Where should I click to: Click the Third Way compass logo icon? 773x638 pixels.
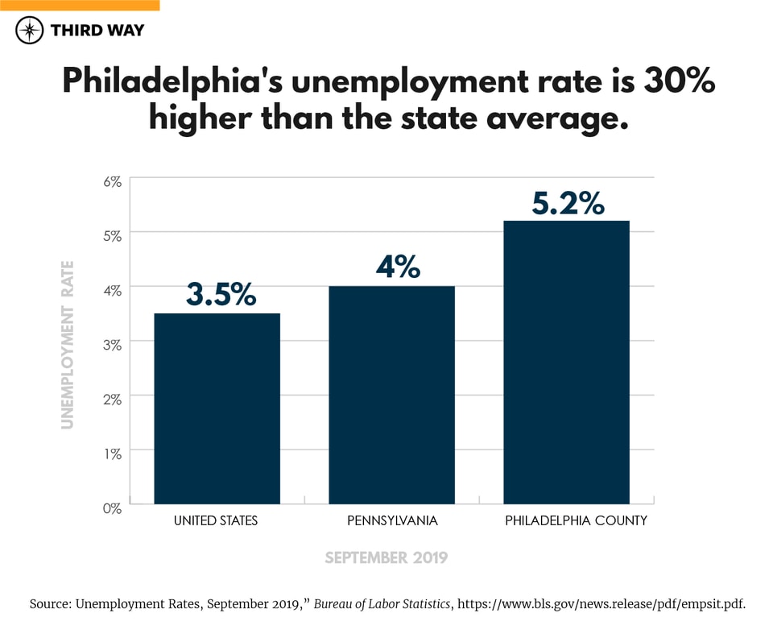pyautogui.click(x=30, y=31)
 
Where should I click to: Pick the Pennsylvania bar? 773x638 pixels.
pyautogui.click(x=391, y=395)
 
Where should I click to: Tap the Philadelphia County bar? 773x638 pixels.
pyautogui.click(x=566, y=362)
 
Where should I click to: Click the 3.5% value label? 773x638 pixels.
pyautogui.click(x=221, y=295)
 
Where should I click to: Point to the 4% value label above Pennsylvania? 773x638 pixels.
pyautogui.click(x=398, y=267)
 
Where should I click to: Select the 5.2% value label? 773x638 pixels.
pyautogui.click(x=568, y=204)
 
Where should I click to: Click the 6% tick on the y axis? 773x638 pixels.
pyautogui.click(x=111, y=183)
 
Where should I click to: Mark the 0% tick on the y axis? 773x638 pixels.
pyautogui.click(x=111, y=508)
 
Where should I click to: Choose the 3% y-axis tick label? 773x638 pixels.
pyautogui.click(x=111, y=346)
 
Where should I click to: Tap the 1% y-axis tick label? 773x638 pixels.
pyautogui.click(x=111, y=454)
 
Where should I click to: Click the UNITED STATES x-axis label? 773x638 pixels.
pyautogui.click(x=216, y=521)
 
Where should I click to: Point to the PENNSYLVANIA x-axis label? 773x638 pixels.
pyautogui.click(x=392, y=521)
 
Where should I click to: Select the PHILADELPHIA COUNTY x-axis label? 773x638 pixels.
pyautogui.click(x=576, y=521)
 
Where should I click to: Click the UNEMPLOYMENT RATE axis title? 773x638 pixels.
pyautogui.click(x=68, y=344)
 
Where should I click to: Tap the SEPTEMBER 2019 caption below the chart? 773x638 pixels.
pyautogui.click(x=386, y=557)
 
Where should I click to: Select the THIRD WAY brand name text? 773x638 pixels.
pyautogui.click(x=97, y=31)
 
